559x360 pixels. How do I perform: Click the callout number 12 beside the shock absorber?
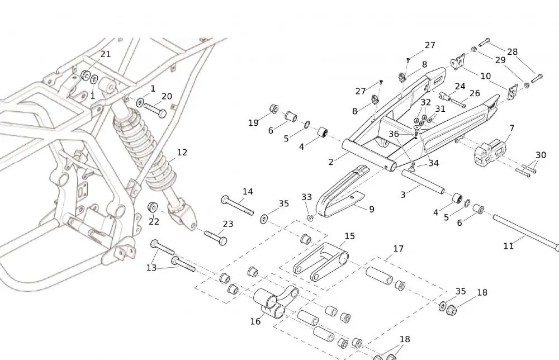click(182, 153)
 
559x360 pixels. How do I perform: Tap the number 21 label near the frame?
click(105, 54)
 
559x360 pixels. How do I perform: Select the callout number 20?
click(167, 96)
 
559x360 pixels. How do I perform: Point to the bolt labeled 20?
click(155, 110)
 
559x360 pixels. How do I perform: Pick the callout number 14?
click(248, 192)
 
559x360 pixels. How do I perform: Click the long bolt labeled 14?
click(237, 205)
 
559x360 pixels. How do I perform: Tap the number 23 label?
click(228, 224)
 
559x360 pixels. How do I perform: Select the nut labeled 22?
click(151, 208)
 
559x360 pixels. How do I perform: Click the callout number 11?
click(508, 245)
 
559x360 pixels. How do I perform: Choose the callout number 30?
click(541, 155)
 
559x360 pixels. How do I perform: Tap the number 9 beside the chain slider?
click(371, 210)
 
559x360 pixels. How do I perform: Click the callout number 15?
click(349, 236)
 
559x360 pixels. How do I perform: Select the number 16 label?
click(255, 321)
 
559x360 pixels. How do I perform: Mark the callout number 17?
click(398, 249)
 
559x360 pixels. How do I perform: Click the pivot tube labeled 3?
click(423, 182)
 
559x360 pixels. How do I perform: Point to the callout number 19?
click(253, 123)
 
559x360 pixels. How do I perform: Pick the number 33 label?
click(306, 197)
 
